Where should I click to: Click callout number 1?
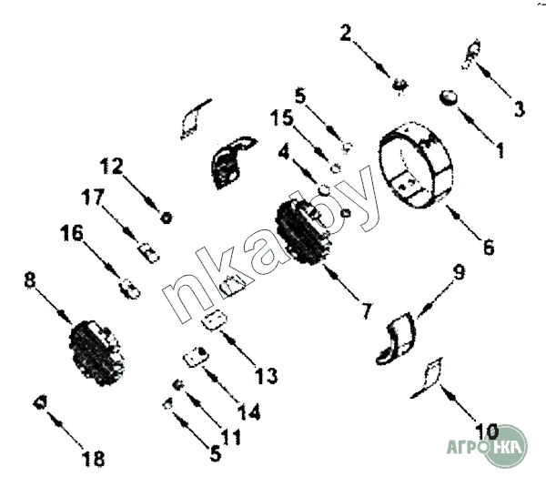500,150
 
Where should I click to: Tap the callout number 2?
346,33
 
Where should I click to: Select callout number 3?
519,108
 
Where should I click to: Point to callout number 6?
489,247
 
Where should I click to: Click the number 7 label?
367,310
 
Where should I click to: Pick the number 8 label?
30,279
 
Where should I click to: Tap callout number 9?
459,272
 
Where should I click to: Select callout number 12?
111,166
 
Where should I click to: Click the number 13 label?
267,376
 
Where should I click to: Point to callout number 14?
249,411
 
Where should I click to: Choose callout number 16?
72,233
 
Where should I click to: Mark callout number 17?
93,197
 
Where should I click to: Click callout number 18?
94,459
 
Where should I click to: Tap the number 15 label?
282,117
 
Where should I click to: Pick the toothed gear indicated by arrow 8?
96,353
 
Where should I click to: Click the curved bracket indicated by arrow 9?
397,340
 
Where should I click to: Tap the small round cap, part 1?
448,97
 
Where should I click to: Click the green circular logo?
505,446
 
